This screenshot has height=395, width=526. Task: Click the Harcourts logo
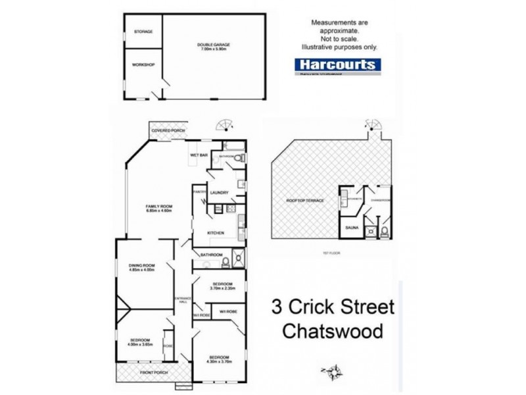335,65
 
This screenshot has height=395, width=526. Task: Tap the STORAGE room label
143,31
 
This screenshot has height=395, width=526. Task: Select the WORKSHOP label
143,65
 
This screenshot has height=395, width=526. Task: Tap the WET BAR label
199,155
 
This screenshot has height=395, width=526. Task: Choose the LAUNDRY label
219,192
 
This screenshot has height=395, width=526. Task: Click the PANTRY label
200,192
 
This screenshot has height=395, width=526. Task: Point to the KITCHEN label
216,233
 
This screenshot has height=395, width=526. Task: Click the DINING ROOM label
141,267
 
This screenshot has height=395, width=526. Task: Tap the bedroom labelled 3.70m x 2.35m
218,285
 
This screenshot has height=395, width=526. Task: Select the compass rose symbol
337,372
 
